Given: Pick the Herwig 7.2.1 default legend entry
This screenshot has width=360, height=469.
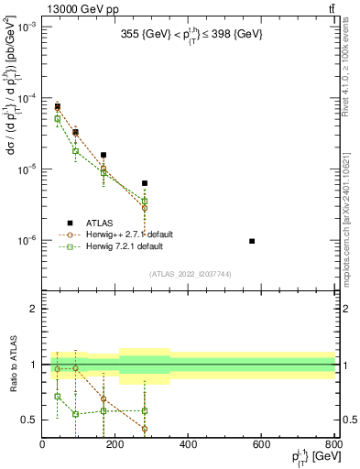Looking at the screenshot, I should (x=125, y=246).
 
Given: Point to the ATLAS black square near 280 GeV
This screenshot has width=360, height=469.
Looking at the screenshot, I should (x=145, y=183).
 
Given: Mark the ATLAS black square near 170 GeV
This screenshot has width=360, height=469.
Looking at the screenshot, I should (x=104, y=156).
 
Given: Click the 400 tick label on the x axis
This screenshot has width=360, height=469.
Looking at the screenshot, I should (x=189, y=445).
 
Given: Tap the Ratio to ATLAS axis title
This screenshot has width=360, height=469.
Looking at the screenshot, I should (x=11, y=365).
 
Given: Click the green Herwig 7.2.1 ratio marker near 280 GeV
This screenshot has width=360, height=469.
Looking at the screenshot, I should (x=145, y=409).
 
